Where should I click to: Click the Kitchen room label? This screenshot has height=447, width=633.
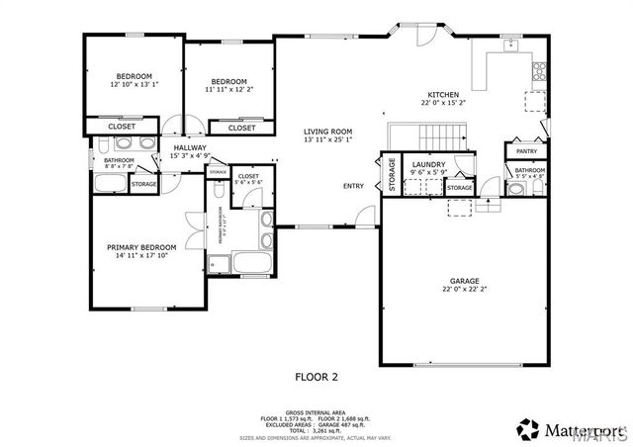point(442,95)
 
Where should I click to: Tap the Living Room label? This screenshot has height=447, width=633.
point(328,132)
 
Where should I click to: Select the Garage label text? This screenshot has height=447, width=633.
point(464,281)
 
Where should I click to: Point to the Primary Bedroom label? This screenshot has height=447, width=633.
point(141,247)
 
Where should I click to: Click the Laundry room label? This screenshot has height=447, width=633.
point(429,164)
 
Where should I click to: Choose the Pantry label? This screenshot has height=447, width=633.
point(526,151)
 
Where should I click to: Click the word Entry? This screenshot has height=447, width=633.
point(353,186)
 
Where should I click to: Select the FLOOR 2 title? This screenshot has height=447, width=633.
point(316,376)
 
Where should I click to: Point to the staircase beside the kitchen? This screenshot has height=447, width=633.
point(425,136)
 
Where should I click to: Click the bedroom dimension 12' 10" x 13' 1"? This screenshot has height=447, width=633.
point(134,85)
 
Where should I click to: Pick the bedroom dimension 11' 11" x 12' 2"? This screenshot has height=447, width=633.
point(228,90)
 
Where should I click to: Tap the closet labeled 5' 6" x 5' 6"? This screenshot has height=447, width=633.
point(247,180)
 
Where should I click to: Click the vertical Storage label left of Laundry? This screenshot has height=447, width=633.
point(392,175)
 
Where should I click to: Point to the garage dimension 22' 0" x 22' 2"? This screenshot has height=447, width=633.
point(464,290)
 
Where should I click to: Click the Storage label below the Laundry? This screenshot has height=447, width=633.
point(459,188)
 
